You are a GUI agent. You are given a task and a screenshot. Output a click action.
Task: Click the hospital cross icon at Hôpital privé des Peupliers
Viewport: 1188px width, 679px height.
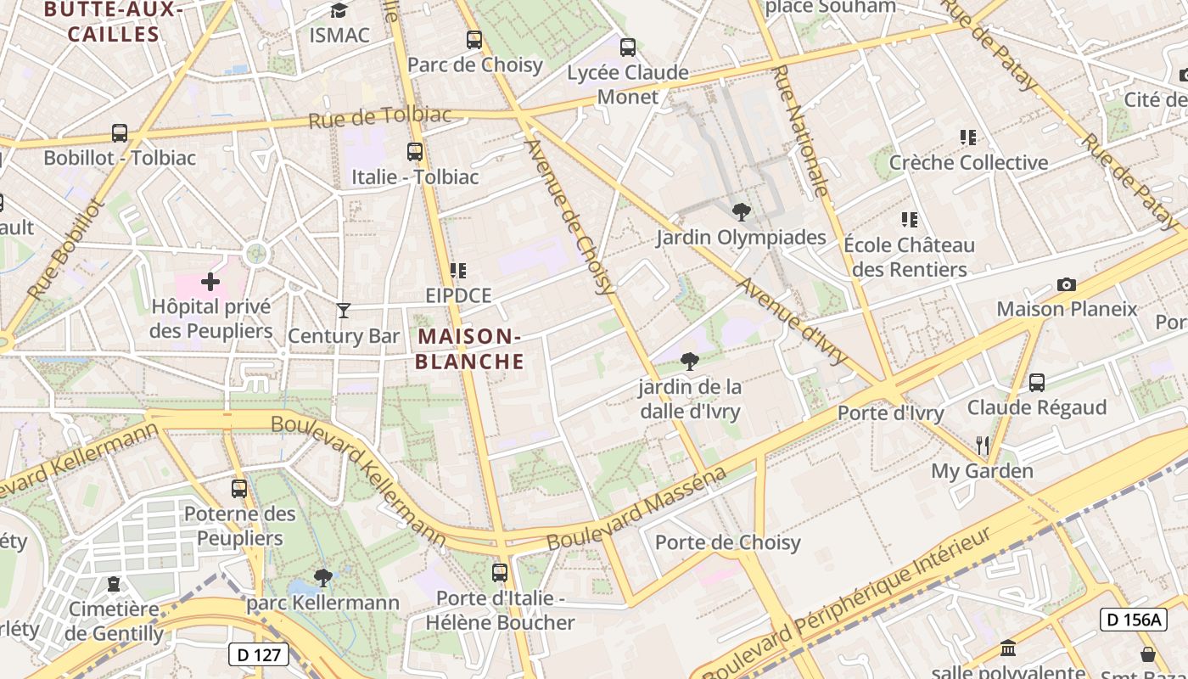(210, 281)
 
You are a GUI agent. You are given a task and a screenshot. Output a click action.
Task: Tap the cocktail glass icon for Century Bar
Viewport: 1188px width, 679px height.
(343, 311)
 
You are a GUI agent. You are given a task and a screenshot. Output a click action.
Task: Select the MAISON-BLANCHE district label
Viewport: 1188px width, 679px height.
(469, 349)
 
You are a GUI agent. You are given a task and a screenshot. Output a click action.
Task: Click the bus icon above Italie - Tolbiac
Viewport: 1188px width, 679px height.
(415, 152)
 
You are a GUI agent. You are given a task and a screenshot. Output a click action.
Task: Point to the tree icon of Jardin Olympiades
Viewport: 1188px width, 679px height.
(741, 212)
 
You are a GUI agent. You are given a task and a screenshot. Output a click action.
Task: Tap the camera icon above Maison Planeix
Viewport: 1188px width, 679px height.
(1067, 284)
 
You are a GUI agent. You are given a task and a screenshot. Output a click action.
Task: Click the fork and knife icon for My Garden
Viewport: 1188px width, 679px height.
(983, 445)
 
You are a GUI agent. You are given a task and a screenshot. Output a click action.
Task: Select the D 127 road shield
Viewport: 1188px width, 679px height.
(259, 654)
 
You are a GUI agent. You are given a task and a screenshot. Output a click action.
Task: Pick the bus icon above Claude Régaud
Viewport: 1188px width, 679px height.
(1037, 383)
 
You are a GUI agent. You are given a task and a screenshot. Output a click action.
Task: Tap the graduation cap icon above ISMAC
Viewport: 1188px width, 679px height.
(339, 11)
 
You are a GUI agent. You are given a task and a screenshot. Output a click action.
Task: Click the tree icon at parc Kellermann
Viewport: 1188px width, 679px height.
(322, 578)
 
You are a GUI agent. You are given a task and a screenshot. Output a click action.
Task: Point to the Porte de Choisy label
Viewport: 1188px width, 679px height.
(727, 542)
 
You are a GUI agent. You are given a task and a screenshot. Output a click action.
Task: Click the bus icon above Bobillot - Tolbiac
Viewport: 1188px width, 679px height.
(120, 133)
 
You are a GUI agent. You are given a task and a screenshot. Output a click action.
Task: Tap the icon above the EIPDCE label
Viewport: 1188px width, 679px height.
(458, 271)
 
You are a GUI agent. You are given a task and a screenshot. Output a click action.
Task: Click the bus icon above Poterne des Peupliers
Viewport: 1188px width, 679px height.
(239, 489)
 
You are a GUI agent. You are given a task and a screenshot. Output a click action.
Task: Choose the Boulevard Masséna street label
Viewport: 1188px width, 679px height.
(636, 508)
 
